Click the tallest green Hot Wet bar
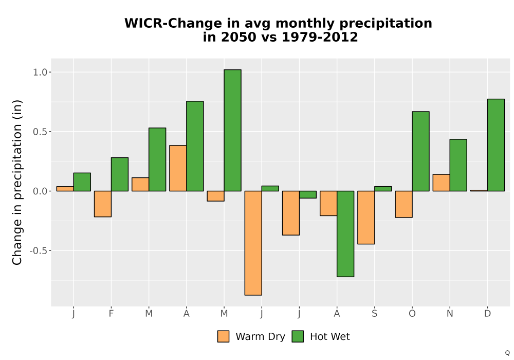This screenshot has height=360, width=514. [232, 130]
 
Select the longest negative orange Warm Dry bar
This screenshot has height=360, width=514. [253, 243]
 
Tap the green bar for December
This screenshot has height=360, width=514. [495, 145]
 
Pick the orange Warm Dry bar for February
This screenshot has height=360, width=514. [103, 204]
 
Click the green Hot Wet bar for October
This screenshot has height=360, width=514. [420, 151]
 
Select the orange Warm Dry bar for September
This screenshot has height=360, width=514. [366, 218]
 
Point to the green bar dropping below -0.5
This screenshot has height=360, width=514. [345, 234]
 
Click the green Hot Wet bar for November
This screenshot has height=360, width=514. [458, 165]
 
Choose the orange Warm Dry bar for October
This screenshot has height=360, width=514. [404, 204]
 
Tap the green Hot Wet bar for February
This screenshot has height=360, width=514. [120, 174]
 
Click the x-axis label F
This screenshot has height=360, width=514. [111, 314]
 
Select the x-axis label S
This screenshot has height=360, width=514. [374, 314]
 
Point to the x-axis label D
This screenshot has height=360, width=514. [487, 314]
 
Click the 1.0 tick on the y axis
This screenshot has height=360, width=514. [40, 72]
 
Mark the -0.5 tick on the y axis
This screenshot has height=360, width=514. [39, 251]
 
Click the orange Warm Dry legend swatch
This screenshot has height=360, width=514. [223, 336]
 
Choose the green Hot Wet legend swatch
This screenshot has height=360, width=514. [298, 336]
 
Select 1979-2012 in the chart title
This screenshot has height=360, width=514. [320, 37]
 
